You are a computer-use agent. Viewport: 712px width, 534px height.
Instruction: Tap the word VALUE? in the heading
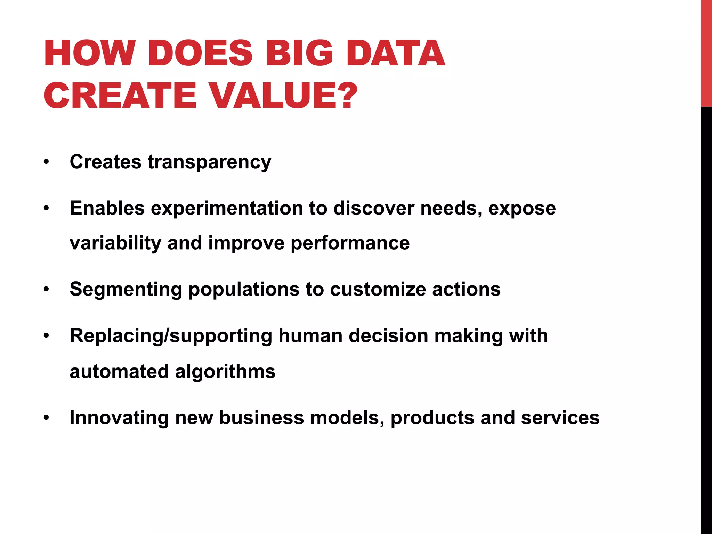pyautogui.click(x=284, y=96)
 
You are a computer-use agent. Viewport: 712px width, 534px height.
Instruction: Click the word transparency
pyautogui.click(x=209, y=162)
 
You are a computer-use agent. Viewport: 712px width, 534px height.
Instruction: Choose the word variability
pyautogui.click(x=115, y=243)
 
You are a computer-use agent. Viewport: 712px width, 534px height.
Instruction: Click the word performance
pyautogui.click(x=350, y=243)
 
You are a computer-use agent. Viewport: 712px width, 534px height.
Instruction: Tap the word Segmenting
pyautogui.click(x=126, y=290)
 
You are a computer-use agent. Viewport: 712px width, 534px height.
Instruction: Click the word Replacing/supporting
pyautogui.click(x=171, y=336)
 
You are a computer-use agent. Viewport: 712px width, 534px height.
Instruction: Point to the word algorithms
pyautogui.click(x=225, y=371)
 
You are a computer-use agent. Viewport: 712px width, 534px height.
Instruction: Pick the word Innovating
pyautogui.click(x=119, y=418)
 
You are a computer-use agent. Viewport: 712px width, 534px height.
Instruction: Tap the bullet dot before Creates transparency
pyautogui.click(x=47, y=162)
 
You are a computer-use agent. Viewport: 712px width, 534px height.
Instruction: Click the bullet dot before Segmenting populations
pyautogui.click(x=47, y=290)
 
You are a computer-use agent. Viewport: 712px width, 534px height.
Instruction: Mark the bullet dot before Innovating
pyautogui.click(x=47, y=418)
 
